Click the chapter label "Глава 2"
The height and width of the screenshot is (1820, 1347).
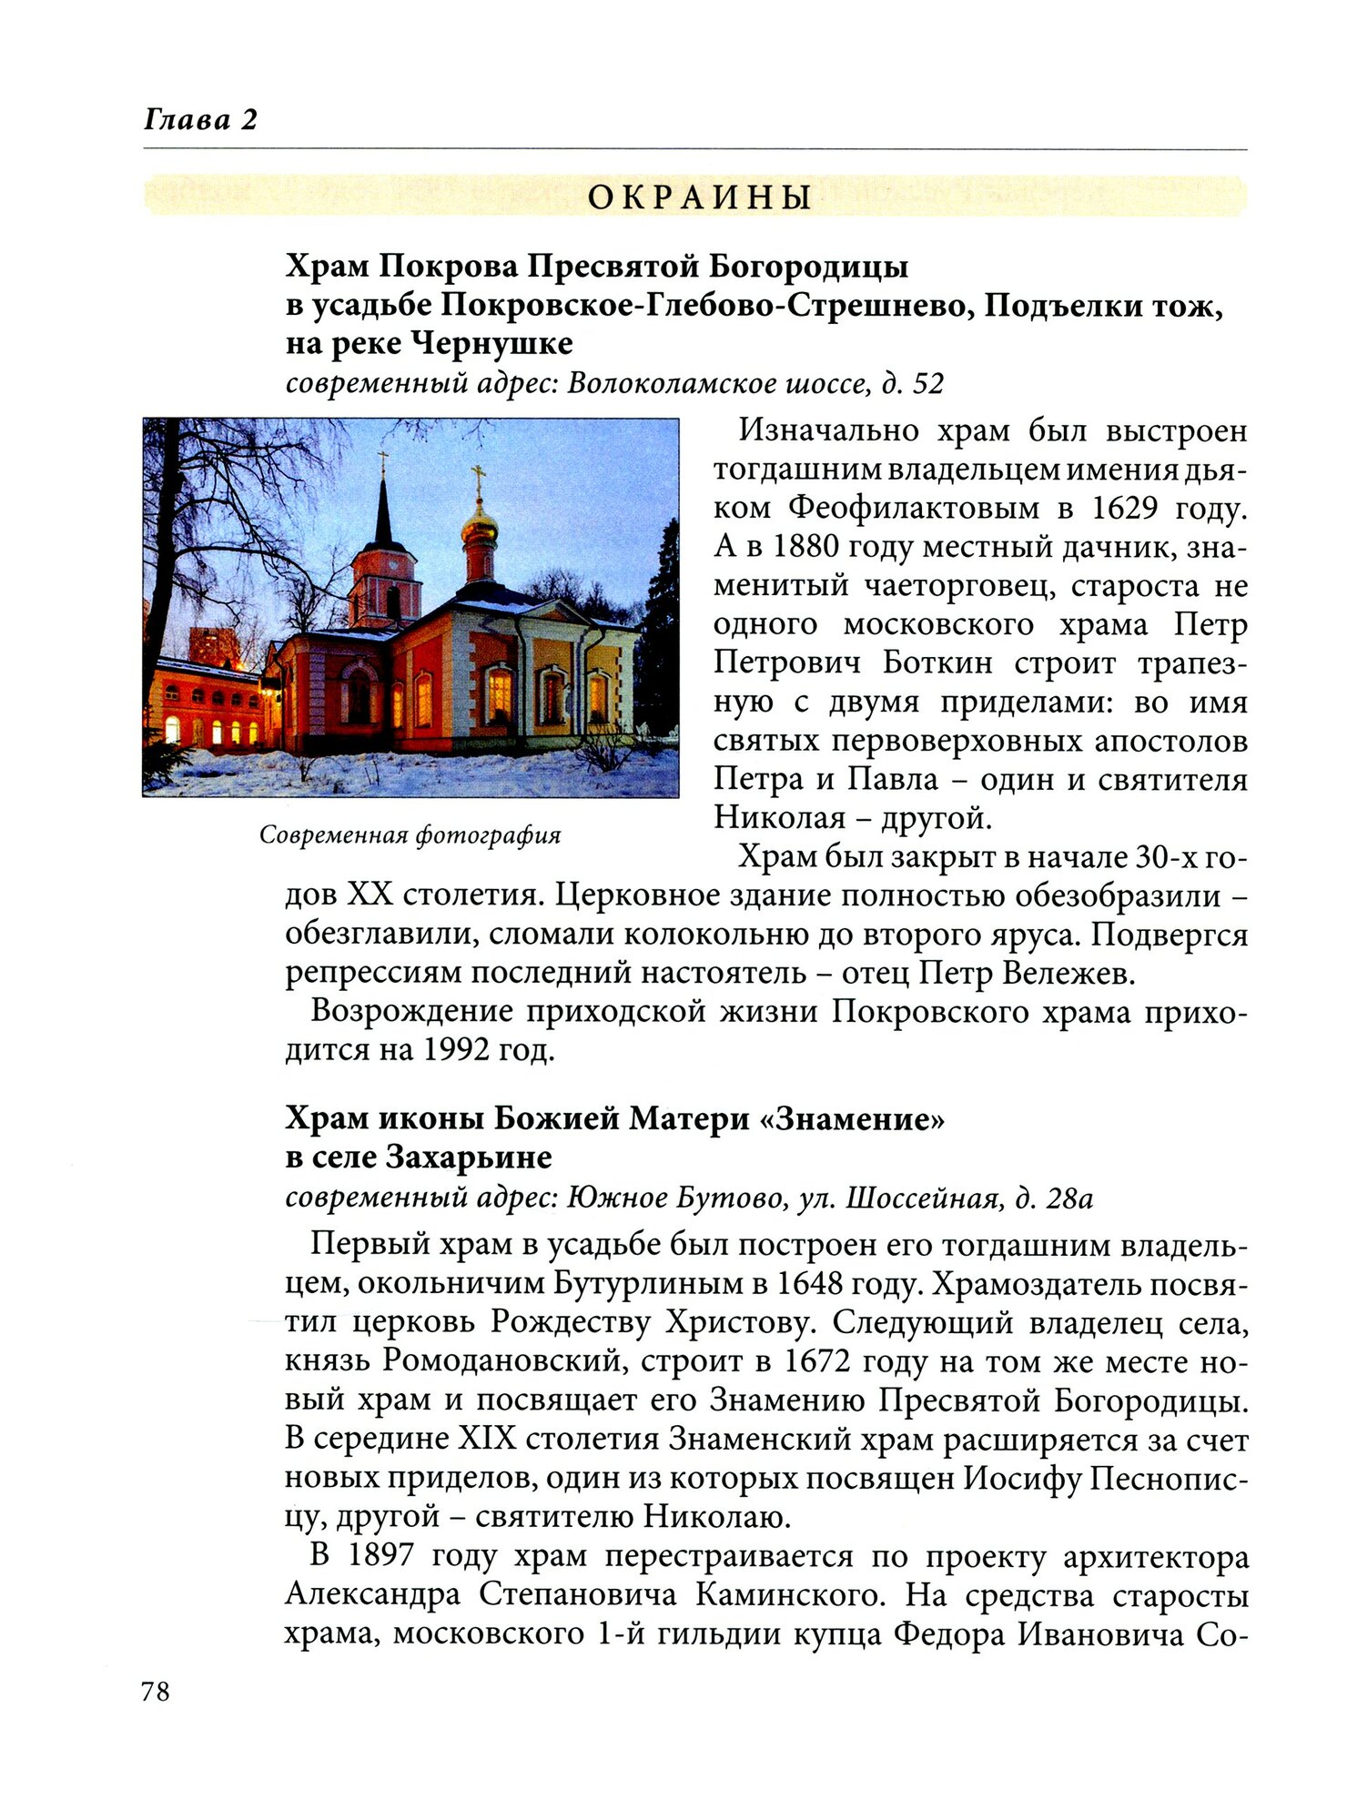[x=200, y=119]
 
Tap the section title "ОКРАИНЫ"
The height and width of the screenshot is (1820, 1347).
[x=699, y=197]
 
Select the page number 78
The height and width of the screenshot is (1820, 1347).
[x=156, y=1692]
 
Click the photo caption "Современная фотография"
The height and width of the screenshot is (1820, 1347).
[x=410, y=834]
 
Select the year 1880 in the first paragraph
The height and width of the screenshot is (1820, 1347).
[x=807, y=547]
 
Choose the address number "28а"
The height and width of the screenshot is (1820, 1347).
[x=1069, y=1198]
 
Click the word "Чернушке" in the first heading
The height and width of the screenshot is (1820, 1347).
[x=492, y=344]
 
